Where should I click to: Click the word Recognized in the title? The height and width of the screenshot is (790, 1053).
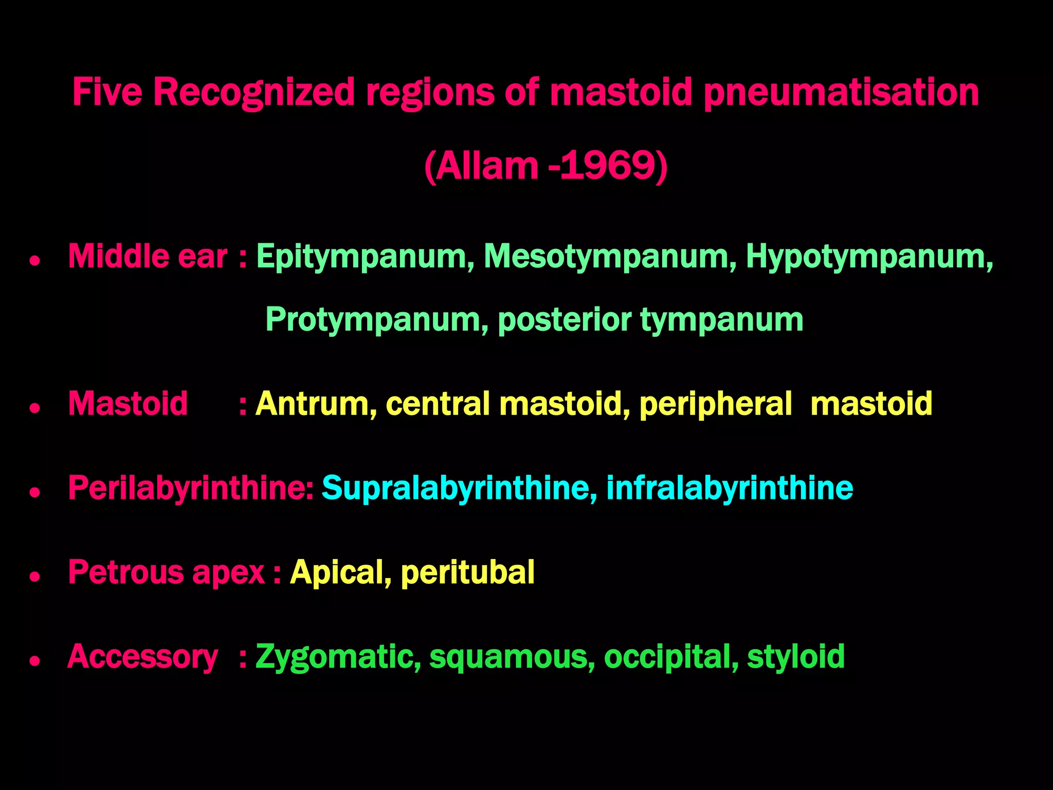tap(254, 93)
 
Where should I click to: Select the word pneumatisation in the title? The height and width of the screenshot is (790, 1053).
tap(841, 93)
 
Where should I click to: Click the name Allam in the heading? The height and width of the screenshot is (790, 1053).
tap(486, 166)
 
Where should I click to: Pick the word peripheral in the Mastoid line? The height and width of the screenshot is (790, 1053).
tap(715, 404)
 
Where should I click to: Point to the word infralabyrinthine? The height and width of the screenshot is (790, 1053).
tap(730, 488)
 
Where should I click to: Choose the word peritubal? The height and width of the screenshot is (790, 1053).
tap(467, 572)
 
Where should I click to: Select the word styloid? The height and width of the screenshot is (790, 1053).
tap(795, 657)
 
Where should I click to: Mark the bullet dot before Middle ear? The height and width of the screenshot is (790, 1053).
tap(35, 261)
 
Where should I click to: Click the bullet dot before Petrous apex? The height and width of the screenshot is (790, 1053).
tap(35, 577)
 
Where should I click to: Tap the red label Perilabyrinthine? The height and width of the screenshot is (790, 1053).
tap(190, 488)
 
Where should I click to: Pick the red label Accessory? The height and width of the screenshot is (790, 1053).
tap(143, 657)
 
